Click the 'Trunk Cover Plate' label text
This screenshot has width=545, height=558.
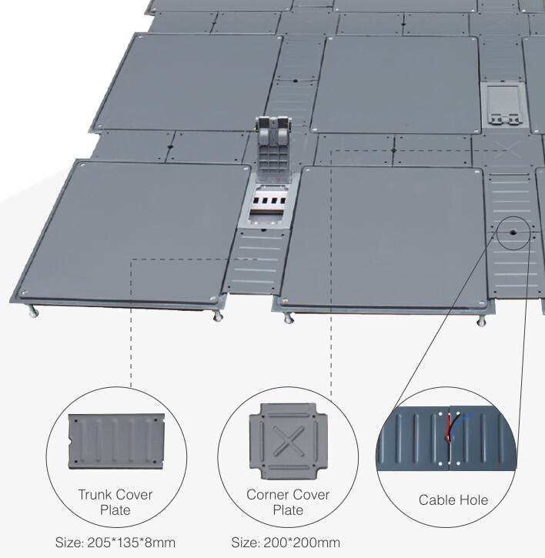(116, 501)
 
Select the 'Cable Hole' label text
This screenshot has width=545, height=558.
(453, 500)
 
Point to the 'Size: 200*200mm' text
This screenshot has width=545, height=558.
(286, 543)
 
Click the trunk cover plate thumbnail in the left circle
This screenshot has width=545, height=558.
(118, 442)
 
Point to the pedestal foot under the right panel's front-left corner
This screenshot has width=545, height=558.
(289, 317)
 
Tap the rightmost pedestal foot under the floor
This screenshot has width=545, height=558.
(483, 318)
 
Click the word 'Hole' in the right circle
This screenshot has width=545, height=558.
(472, 500)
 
